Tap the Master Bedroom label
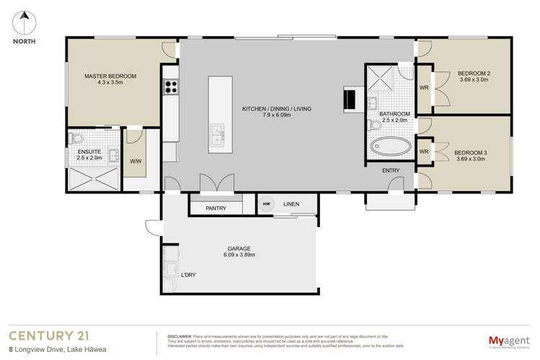point(110,76)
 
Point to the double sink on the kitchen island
point(216,133)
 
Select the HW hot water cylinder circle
point(267,204)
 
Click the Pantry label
point(216,208)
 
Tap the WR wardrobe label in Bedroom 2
point(424,88)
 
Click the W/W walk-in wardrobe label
point(135,162)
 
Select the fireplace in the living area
point(351,100)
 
